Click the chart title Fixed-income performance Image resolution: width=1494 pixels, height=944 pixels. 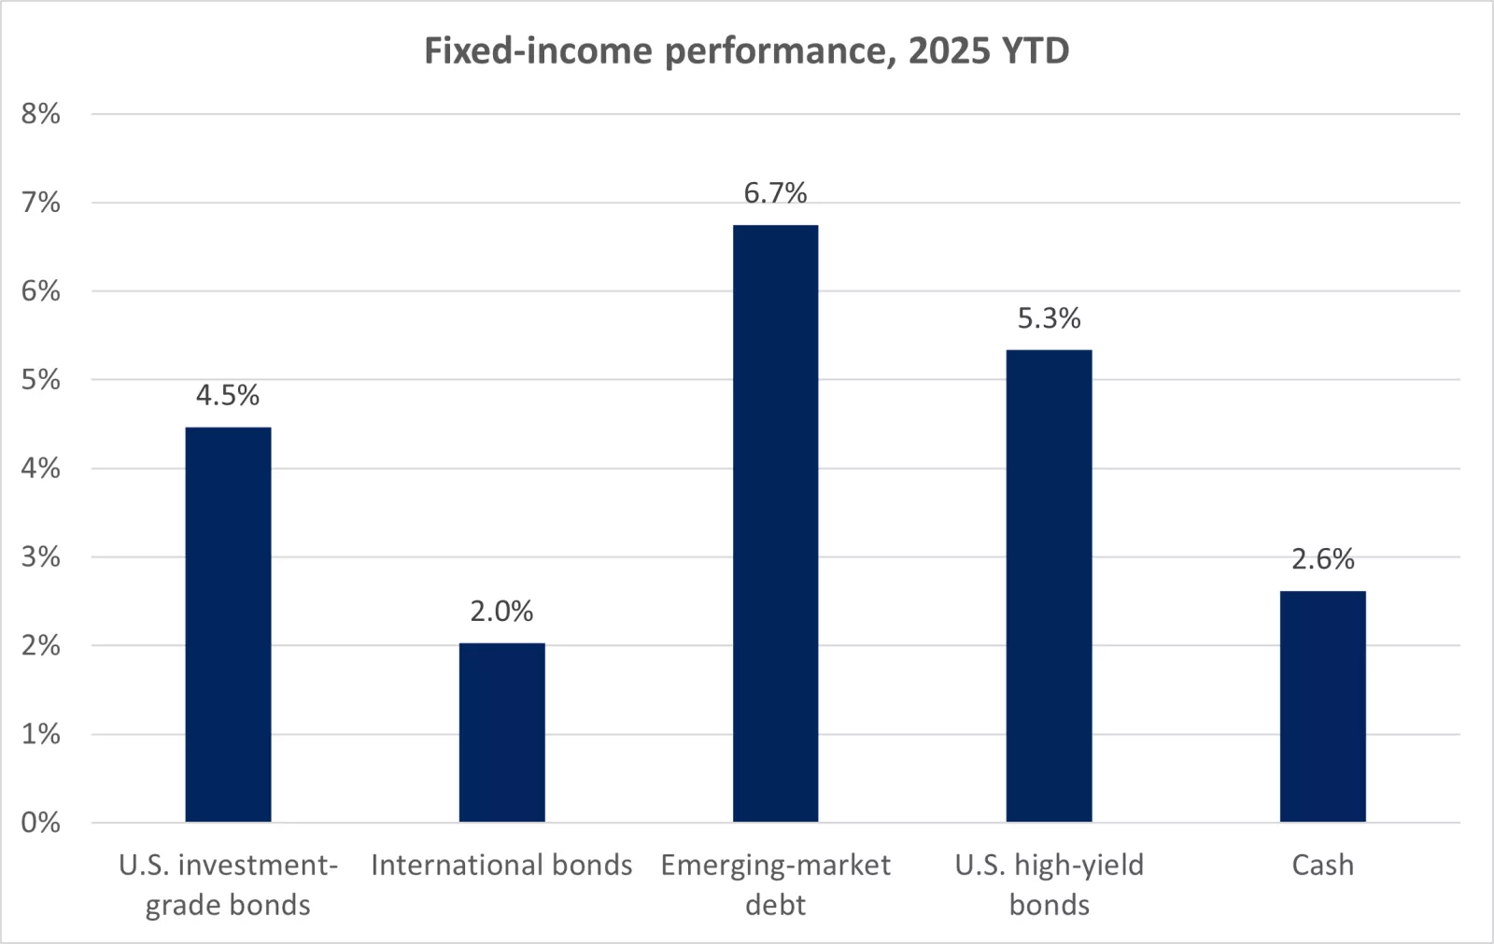746,50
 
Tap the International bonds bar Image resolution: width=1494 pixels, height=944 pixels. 501,732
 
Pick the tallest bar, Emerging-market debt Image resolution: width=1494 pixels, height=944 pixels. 775,523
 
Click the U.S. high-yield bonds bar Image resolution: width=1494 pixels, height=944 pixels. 1049,585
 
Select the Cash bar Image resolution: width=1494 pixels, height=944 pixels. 1322,706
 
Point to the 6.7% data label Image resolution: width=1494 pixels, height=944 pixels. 775,193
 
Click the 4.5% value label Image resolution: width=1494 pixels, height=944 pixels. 228,396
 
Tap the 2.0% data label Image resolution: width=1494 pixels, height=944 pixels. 501,612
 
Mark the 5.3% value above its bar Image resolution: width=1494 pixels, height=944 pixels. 1049,318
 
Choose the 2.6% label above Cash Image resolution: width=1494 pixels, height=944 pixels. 1322,559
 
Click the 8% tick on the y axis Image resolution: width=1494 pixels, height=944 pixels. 40,114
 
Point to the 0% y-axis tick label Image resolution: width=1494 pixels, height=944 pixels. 40,823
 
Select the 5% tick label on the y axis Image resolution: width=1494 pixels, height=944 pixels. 40,380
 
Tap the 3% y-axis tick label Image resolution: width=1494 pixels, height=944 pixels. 40,557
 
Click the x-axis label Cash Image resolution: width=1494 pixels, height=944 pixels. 1322,866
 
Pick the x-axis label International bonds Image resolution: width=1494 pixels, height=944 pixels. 501,866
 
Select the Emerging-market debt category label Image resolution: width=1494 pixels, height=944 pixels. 775,884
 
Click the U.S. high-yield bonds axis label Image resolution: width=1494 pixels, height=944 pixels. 1049,884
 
